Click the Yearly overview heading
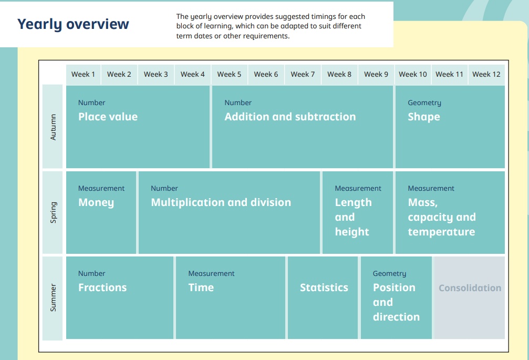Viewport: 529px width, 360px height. click(x=73, y=24)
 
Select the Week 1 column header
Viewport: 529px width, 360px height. click(x=83, y=74)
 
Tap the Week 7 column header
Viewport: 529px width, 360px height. click(x=303, y=74)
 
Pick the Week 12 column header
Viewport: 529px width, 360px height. click(x=486, y=74)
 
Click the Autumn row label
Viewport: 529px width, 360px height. click(x=53, y=127)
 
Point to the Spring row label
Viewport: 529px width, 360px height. click(x=53, y=212)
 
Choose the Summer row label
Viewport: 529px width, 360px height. click(x=53, y=297)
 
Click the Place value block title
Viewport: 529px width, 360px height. click(x=108, y=117)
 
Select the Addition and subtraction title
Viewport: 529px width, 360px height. click(x=290, y=117)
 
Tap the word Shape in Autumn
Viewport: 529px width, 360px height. click(x=424, y=117)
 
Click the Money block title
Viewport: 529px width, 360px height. click(x=96, y=203)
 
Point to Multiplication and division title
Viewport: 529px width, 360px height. click(x=221, y=202)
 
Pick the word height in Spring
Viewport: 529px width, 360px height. click(x=352, y=232)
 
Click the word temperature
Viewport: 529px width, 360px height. click(x=441, y=232)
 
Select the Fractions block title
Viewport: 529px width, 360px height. click(x=102, y=287)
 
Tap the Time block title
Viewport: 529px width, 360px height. click(x=201, y=287)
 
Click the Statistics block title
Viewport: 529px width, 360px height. click(x=324, y=287)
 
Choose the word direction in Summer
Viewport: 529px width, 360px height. click(x=397, y=317)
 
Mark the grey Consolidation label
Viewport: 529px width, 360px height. click(x=470, y=288)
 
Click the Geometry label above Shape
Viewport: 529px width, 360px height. click(x=424, y=103)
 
